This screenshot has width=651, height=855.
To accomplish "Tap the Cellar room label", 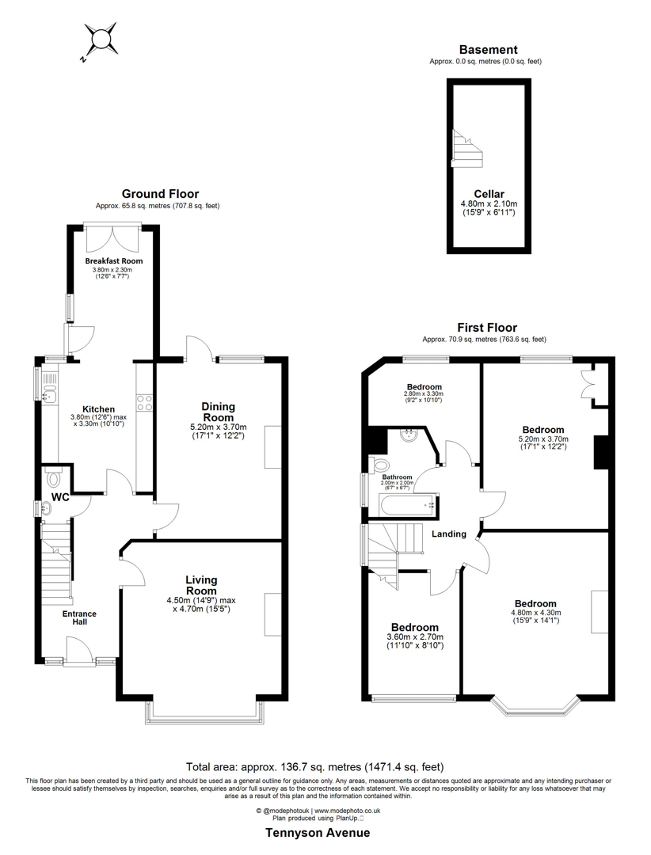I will tap(489, 194).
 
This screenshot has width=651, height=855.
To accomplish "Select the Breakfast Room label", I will tap(114, 261).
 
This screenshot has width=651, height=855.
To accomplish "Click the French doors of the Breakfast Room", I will tap(114, 236).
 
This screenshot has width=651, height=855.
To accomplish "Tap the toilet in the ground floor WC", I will tap(53, 478).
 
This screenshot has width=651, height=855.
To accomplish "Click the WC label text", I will tap(61, 497).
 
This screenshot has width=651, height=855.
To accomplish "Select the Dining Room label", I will tap(218, 412).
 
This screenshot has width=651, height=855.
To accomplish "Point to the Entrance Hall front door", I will tap(79, 652).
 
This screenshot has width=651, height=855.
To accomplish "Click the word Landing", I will tap(448, 534).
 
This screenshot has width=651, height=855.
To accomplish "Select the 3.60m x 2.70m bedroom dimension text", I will tap(414, 641).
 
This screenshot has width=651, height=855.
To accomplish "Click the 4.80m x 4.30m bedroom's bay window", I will tap(535, 706).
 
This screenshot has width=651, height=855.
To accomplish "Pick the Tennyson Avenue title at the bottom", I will tap(318, 833).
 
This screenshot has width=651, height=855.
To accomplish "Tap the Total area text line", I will tap(314, 766).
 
